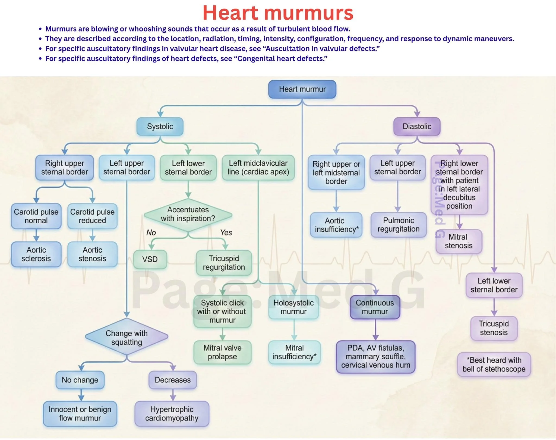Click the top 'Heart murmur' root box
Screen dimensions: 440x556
click(x=302, y=89)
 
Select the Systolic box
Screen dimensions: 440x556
click(x=160, y=126)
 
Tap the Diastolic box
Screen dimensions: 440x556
click(x=417, y=126)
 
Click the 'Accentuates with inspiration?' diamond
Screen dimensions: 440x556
click(x=188, y=214)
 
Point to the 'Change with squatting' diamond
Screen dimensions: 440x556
click(x=127, y=337)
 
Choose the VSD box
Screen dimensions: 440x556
click(x=150, y=259)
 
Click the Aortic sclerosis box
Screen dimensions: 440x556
click(x=36, y=254)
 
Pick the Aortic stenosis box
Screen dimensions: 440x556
click(x=92, y=254)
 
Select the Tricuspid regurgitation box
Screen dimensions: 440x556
click(x=224, y=263)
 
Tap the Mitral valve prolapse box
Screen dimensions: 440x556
click(x=222, y=352)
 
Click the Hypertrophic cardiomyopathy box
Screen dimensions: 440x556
click(x=172, y=413)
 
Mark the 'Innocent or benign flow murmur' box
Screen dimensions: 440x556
click(x=80, y=413)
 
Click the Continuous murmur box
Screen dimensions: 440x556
click(x=375, y=307)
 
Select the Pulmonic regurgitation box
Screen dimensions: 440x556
click(x=399, y=225)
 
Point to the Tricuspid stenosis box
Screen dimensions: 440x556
click(x=494, y=328)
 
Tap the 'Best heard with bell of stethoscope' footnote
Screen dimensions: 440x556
click(x=494, y=364)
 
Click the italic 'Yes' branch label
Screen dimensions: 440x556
click(x=226, y=232)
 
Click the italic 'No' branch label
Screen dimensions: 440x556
click(x=151, y=232)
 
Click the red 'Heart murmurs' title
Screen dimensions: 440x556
click(x=278, y=13)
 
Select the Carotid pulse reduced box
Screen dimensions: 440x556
click(x=92, y=216)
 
